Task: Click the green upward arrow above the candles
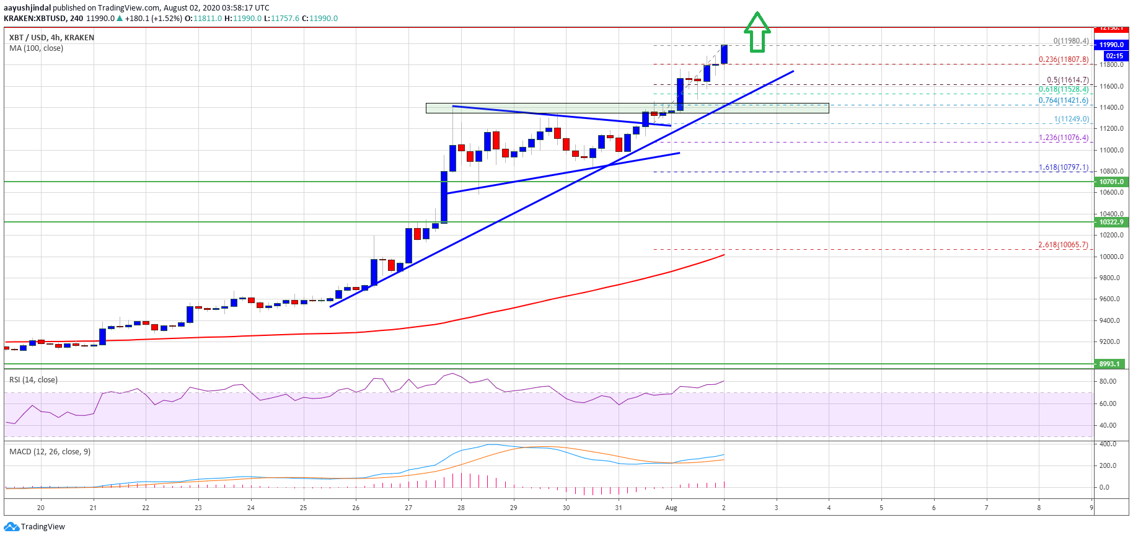pos(757,32)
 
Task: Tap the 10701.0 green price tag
pos(1111,182)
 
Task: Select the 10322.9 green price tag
pos(1111,222)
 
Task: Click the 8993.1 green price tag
pos(1109,364)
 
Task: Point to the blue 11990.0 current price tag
pos(1111,45)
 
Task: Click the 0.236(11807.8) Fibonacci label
pos(1064,60)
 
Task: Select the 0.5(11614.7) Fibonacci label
pos(1067,80)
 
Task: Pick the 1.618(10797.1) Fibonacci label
pos(1064,167)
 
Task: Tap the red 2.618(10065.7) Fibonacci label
pos(1063,245)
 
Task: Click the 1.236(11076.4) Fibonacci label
pos(1064,138)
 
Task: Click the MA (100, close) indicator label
pos(36,48)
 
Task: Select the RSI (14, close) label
pos(33,380)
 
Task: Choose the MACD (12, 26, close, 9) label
pos(50,452)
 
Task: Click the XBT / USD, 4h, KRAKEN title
pos(52,38)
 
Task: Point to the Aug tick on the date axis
pos(671,508)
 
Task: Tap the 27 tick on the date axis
pos(408,508)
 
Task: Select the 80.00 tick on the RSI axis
pos(1108,381)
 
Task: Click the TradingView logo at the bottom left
pos(34,527)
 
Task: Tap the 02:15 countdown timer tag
pos(1114,56)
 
